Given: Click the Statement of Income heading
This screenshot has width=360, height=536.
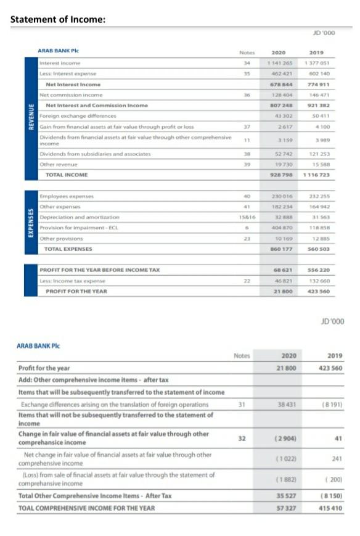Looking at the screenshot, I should click(x=58, y=19).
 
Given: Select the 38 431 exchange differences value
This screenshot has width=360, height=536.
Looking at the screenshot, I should click(x=287, y=405).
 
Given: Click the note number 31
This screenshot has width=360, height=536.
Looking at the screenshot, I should click(x=242, y=405).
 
